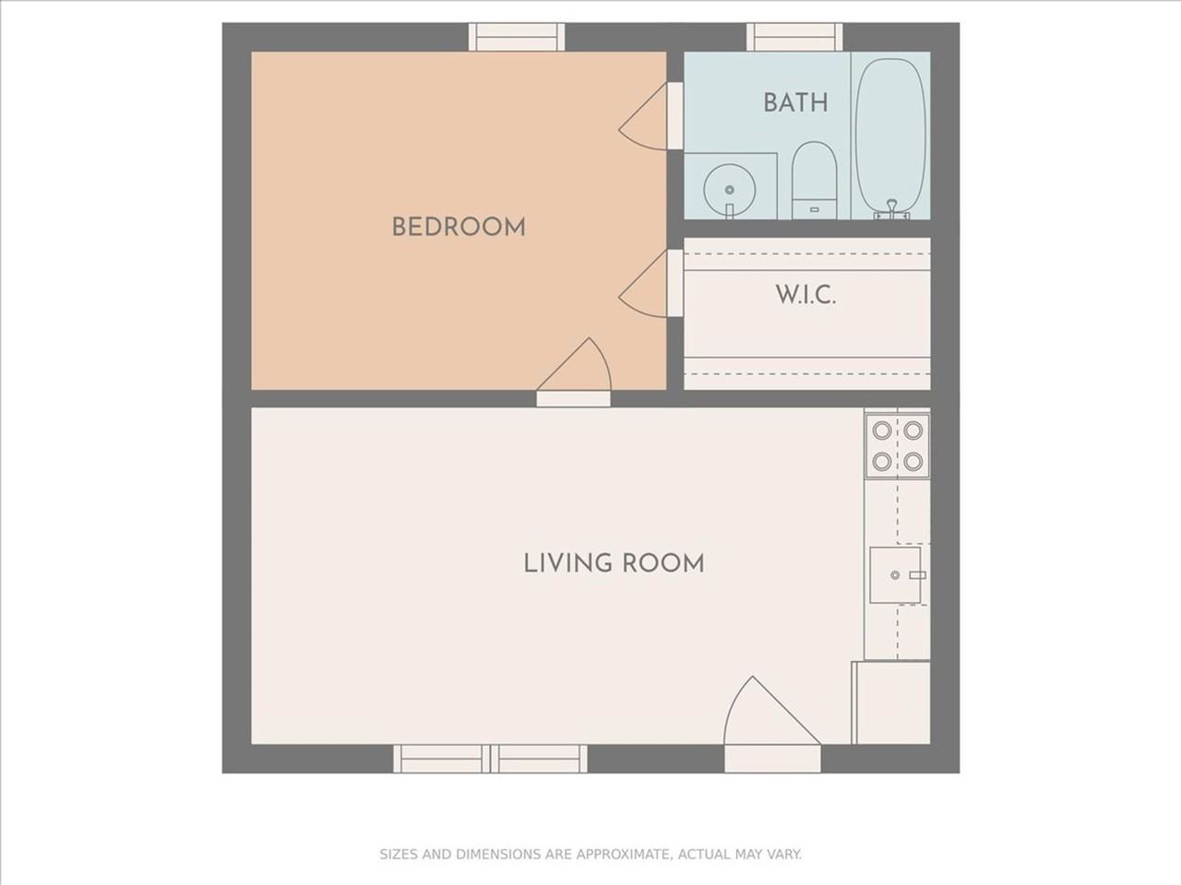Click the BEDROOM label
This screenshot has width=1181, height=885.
(x=459, y=227)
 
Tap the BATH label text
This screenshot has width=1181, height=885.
(x=794, y=102)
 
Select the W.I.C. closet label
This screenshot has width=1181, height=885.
(x=805, y=296)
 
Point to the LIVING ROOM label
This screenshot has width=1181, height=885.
(x=614, y=563)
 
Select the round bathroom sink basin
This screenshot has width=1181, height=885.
(x=729, y=190)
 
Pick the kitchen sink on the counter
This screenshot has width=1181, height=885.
(x=896, y=575)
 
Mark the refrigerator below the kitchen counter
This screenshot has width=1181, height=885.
(x=891, y=702)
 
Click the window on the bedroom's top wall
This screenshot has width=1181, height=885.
(x=517, y=37)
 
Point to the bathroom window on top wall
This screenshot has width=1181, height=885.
(x=794, y=37)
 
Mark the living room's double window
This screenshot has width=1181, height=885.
(x=490, y=759)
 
